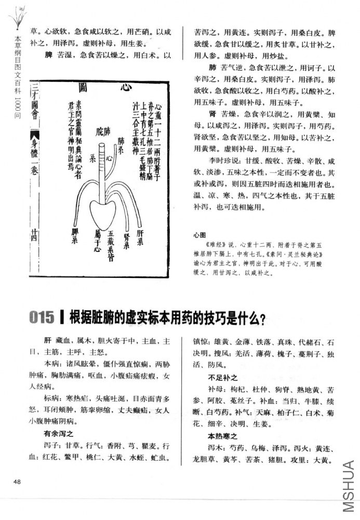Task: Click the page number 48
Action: (17, 482)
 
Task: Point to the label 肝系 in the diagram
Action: (139, 241)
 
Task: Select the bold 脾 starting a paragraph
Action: (48, 55)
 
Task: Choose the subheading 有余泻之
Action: (60, 433)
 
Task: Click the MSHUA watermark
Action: (349, 489)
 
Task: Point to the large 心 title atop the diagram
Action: (123, 88)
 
